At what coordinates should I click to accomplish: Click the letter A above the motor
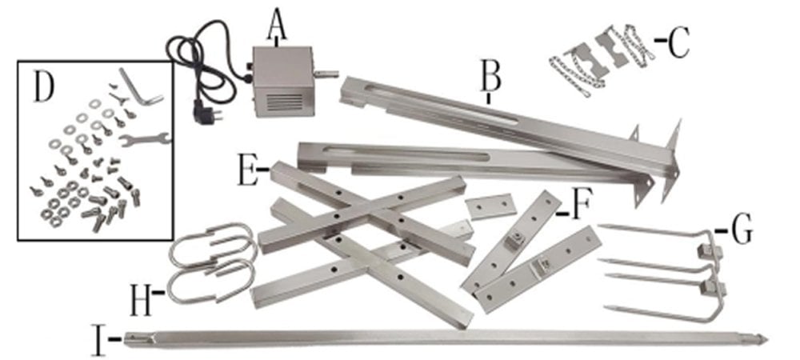click(277, 26)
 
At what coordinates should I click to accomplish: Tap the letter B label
click(490, 77)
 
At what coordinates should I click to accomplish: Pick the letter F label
click(581, 205)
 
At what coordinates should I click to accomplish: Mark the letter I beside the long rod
click(99, 338)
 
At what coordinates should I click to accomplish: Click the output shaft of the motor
click(326, 74)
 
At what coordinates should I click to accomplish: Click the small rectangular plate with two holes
click(491, 206)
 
